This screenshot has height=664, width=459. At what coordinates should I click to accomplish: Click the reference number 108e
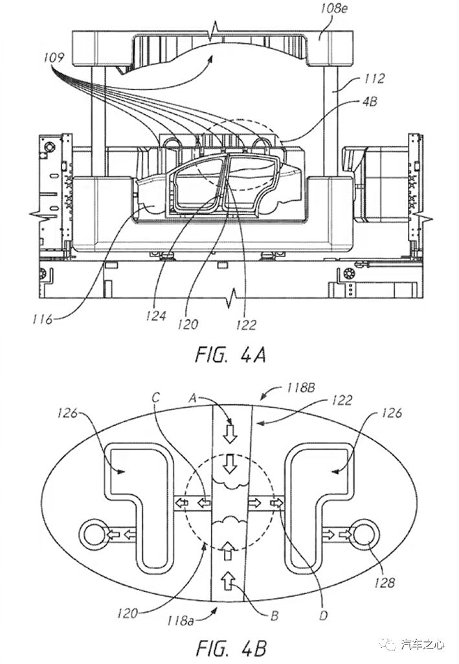tap(333, 9)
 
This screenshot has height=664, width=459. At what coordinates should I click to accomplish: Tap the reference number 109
tap(54, 57)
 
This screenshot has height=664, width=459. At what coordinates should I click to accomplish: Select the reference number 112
tap(374, 79)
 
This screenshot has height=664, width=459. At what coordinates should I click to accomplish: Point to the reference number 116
tap(42, 319)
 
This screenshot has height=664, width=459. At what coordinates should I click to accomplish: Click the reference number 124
tap(155, 315)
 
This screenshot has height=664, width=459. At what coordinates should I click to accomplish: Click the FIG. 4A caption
tap(230, 355)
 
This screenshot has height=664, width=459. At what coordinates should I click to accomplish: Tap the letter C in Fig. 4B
tap(156, 398)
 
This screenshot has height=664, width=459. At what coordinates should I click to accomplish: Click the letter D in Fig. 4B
tap(323, 615)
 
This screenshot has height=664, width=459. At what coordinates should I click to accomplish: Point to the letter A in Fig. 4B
tap(192, 398)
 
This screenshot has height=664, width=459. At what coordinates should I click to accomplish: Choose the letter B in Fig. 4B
tap(274, 615)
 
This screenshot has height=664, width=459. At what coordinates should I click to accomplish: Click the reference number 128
tap(384, 583)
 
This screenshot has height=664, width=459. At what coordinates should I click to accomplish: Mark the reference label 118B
tap(301, 388)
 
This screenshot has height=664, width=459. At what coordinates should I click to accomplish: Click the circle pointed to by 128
tap(364, 534)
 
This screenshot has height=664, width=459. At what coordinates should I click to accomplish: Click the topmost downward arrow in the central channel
tap(230, 433)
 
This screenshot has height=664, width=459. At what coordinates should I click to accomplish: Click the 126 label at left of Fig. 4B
tap(68, 413)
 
